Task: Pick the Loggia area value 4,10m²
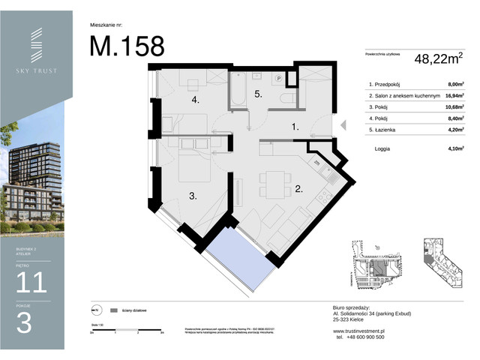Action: [452, 148]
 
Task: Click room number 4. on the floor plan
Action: [194, 100]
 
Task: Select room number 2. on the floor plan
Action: [298, 189]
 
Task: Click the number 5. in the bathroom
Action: [257, 94]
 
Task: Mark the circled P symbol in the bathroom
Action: [278, 77]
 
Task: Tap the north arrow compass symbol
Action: [95, 309]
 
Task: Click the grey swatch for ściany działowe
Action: [114, 309]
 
